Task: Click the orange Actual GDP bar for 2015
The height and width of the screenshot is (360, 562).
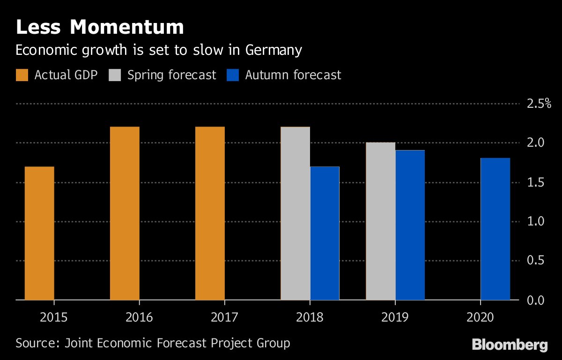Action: click(x=39, y=233)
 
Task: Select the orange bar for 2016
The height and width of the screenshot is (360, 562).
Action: click(x=125, y=213)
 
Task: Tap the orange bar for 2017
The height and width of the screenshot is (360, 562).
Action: click(x=210, y=213)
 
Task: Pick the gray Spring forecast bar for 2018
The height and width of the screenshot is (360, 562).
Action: click(x=295, y=213)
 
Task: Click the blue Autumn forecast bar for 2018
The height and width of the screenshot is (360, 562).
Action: click(x=325, y=233)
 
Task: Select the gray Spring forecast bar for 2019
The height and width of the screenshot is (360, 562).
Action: click(x=380, y=221)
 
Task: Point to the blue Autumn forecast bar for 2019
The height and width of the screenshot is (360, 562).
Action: click(x=410, y=225)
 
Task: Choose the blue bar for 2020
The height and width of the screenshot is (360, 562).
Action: click(x=495, y=229)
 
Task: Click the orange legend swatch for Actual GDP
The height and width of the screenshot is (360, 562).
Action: click(x=22, y=75)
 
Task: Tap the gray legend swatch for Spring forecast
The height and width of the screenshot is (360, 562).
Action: click(x=115, y=75)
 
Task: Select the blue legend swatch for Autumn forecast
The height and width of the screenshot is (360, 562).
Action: click(x=233, y=75)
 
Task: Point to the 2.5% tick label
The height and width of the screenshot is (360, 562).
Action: click(x=539, y=104)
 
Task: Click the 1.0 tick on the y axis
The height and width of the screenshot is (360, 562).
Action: click(x=536, y=221)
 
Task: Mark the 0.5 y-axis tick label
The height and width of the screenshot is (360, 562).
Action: click(x=536, y=261)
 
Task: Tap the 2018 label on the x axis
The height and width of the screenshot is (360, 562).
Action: click(x=310, y=318)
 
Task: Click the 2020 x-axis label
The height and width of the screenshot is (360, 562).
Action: click(x=480, y=318)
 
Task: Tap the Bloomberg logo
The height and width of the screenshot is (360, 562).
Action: click(x=510, y=345)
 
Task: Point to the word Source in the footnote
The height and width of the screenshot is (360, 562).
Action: click(x=35, y=343)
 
